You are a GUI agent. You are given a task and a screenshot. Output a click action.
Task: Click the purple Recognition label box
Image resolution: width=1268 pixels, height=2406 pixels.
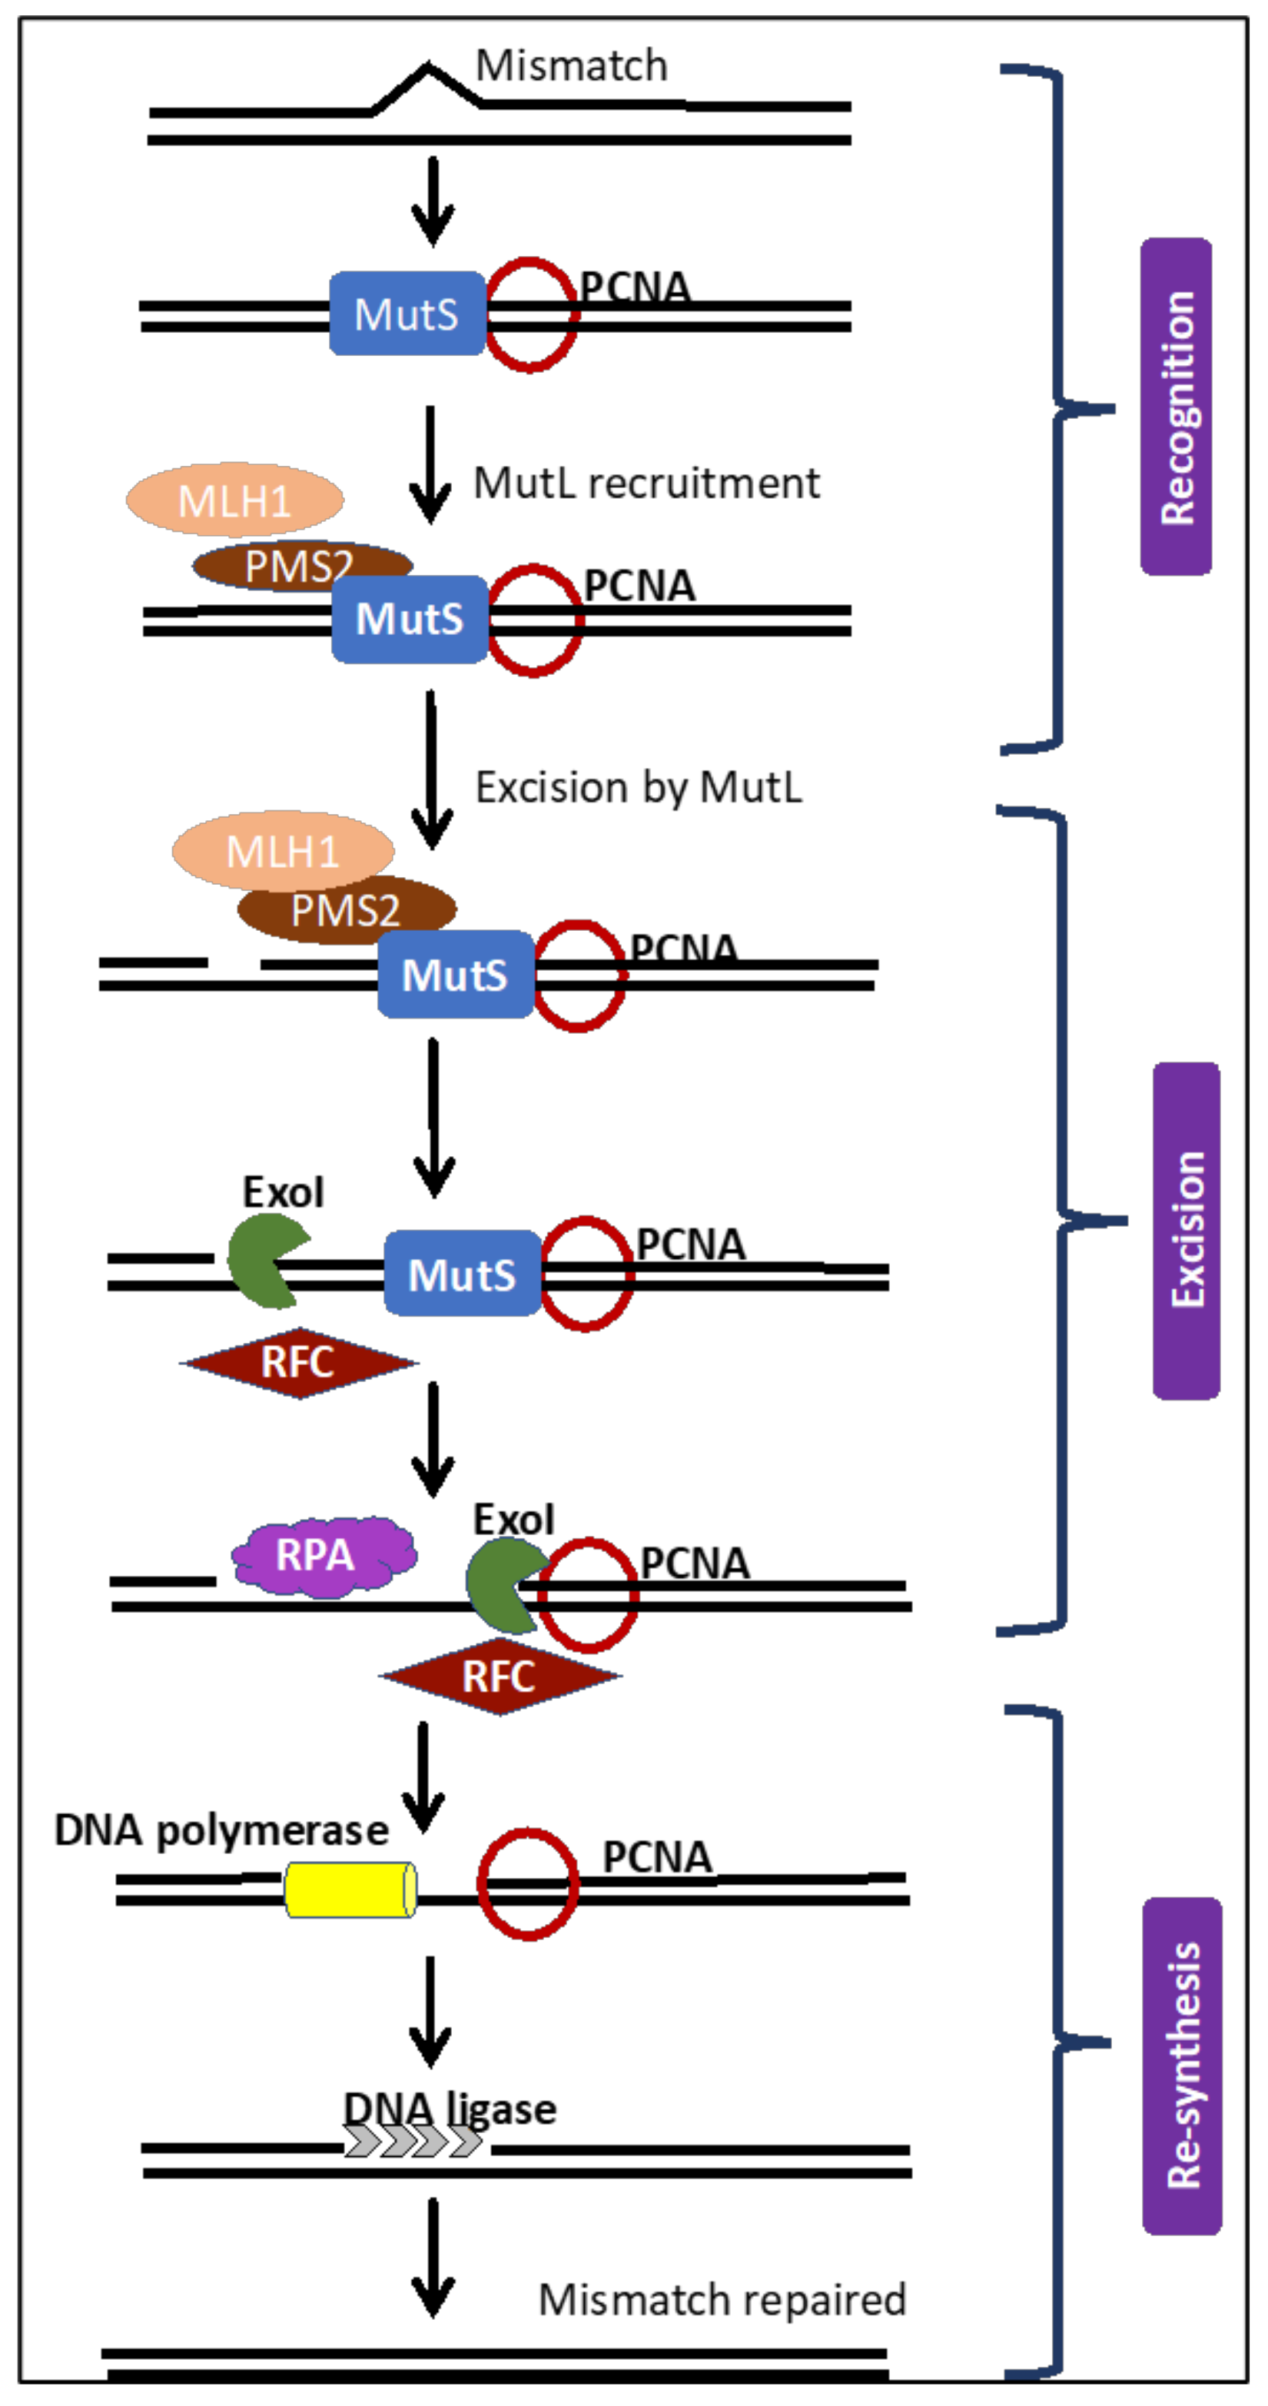pos(1176,407)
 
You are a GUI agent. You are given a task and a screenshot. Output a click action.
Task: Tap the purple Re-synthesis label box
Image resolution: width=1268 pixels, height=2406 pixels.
pos(1182,2065)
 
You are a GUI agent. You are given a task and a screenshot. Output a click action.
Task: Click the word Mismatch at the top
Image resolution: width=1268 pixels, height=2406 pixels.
pos(572,66)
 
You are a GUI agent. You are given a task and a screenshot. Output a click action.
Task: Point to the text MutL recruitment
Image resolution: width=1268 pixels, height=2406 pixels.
pos(646,484)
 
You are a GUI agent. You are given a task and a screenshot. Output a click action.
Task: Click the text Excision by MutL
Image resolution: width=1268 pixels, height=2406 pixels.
pos(639,787)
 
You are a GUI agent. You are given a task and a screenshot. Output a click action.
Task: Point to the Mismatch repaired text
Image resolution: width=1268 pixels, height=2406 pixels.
pos(722,2298)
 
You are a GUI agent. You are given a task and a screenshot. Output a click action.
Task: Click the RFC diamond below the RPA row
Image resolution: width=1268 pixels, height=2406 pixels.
pos(500,1676)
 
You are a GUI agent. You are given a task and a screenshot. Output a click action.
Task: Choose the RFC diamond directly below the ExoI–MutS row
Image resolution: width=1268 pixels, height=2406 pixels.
pos(299,1362)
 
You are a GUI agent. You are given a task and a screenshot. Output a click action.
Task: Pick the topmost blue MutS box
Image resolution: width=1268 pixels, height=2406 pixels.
pos(407,314)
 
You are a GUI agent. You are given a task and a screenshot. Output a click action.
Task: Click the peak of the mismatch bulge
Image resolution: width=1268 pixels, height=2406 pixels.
pos(427,66)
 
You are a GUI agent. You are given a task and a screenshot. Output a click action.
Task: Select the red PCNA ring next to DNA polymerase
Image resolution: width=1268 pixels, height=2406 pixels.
pos(527,1884)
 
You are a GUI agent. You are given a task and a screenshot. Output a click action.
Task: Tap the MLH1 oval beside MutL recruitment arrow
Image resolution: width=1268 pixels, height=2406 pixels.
pos(234,500)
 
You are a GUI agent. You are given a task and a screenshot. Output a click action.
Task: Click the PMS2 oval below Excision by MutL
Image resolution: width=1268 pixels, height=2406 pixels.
pos(347,909)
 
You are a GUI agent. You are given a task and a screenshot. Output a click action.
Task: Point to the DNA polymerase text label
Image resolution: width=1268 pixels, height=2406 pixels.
pos(221,1829)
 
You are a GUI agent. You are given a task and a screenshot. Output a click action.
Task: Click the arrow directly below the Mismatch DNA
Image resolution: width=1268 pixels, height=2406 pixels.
pos(433,201)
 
